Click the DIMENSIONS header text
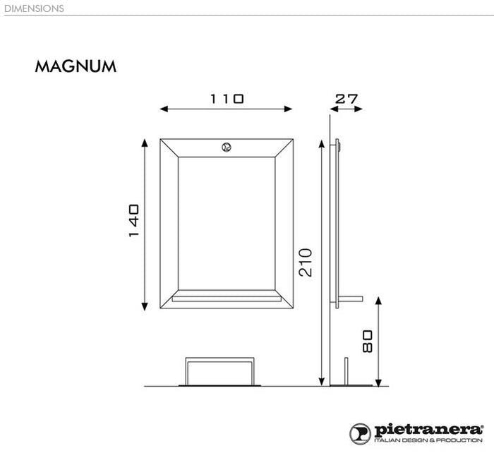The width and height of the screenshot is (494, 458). pos(33,8)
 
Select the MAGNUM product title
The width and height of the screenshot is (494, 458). pos(76,67)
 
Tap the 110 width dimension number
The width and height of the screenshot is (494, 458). pos(227,99)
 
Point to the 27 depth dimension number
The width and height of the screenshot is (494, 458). pos(346,99)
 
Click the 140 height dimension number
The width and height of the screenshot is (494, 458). pos(134,221)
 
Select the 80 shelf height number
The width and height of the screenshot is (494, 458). pos(367,341)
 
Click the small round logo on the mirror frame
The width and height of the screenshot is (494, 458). pos(227,147)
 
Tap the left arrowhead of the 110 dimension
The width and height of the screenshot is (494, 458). pos(164,109)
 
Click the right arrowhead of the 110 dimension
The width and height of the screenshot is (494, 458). pos(288,109)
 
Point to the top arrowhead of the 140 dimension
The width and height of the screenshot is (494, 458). pos(145,143)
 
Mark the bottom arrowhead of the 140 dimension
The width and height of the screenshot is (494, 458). pos(145,306)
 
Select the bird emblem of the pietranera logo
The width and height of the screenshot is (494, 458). pos(361,433)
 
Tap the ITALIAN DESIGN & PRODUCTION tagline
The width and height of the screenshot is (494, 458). pos(428,440)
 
